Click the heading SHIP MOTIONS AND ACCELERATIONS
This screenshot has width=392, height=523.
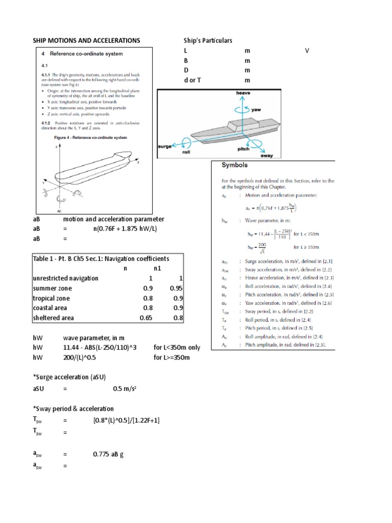tap(86, 40)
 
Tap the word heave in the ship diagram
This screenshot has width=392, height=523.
tap(242, 93)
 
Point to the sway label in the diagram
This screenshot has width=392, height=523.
tap(266, 155)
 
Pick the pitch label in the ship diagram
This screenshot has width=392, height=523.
tap(243, 149)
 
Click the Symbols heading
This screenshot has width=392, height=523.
tap(234, 165)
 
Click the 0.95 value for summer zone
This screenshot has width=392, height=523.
tap(176, 288)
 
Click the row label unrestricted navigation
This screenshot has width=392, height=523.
tap(65, 278)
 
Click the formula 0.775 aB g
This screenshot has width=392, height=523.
tap(109, 454)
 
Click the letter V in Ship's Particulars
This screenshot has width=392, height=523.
tap(307, 51)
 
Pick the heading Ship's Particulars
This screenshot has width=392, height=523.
tap(208, 40)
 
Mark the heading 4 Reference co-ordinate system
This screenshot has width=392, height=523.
tap(82, 53)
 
